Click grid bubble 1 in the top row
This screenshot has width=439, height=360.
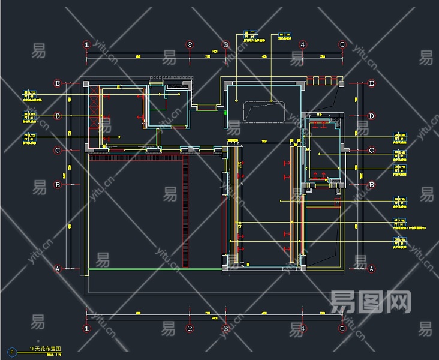(86, 44)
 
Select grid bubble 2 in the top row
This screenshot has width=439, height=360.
(190, 44)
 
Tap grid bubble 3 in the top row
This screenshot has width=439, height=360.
(226, 44)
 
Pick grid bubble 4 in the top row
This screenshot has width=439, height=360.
(303, 44)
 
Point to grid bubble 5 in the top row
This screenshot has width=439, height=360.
(342, 44)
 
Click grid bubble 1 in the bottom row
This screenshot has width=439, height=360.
(86, 328)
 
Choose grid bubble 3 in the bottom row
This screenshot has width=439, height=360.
(226, 328)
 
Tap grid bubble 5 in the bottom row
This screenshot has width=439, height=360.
(342, 328)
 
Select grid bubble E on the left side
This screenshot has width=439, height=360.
(58, 83)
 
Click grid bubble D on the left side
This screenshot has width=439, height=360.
(58, 116)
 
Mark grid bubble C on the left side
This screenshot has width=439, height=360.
(58, 151)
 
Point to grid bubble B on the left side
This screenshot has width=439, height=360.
(58, 185)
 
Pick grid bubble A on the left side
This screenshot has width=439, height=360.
(58, 269)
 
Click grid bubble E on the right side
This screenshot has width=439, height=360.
(372, 83)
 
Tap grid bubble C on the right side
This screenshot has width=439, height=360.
(372, 151)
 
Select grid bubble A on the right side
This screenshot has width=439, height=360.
(372, 269)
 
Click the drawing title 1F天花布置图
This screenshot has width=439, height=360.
(45, 349)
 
